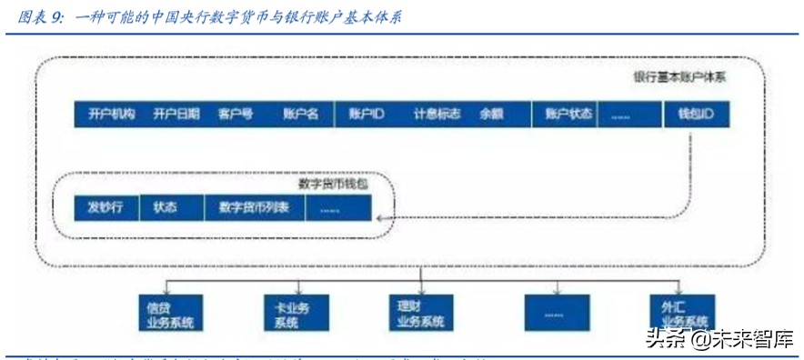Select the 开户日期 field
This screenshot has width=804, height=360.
coord(176,115)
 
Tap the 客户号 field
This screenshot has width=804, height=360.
coord(236,115)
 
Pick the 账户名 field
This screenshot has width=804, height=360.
coord(300,115)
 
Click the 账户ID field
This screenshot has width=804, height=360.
coord(367,115)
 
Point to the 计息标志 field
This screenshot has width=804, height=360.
coord(437,115)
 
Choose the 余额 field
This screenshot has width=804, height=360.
coord(492,115)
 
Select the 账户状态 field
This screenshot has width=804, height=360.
coord(568,115)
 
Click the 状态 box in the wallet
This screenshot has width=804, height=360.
coord(166,207)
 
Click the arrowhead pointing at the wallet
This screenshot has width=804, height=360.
coord(381,218)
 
